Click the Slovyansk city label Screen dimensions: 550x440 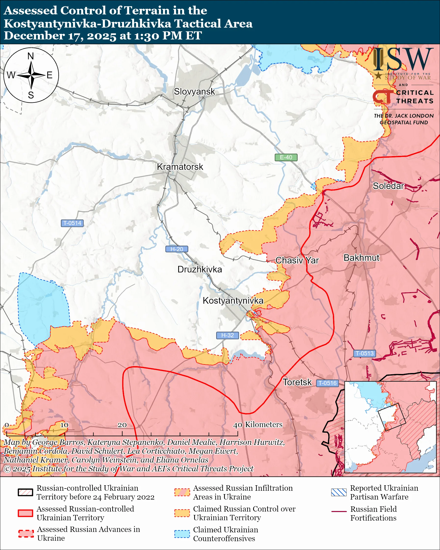coord(194,92)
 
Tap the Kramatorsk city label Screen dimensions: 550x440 coord(180,167)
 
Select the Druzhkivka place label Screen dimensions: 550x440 coord(200,269)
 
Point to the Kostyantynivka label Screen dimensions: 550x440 coord(233,300)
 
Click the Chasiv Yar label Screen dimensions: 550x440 coord(297,261)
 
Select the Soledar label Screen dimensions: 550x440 coord(388,186)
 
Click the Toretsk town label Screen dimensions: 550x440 coord(297,382)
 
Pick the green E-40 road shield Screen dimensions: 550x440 coord(286,157)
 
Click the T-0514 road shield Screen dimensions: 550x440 coord(72,223)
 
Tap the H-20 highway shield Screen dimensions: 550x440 coord(177,249)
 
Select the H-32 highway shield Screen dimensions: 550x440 coord(227,335)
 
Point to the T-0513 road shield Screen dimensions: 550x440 coord(364,353)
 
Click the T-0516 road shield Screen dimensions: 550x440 coord(327,383)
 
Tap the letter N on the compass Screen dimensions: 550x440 coord(31,56)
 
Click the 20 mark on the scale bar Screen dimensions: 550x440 coord(122,425)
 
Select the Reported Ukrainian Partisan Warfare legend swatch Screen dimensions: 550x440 coord(339,492)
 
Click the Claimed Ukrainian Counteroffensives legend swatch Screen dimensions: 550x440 coord(182,534)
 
